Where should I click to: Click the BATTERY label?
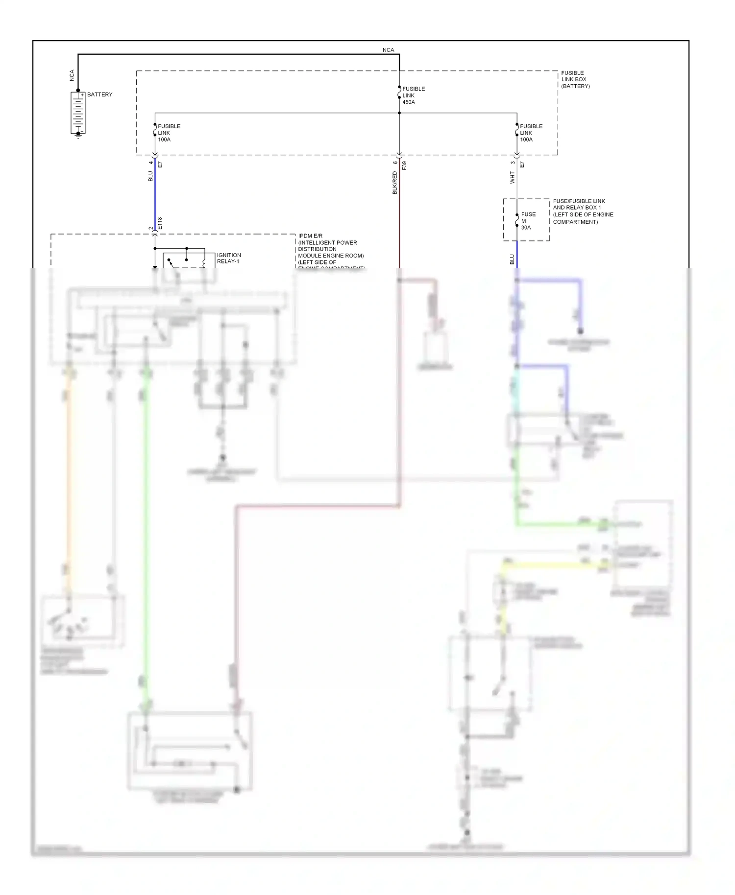click(x=99, y=94)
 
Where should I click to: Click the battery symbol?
click(x=78, y=113)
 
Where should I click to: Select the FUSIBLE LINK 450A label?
click(x=413, y=95)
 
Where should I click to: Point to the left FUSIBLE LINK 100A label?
click(x=169, y=133)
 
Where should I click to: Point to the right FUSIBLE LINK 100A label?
click(x=531, y=133)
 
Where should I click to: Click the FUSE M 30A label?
click(x=528, y=221)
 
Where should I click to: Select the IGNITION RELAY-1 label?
click(x=229, y=258)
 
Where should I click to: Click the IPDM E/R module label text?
click(x=330, y=252)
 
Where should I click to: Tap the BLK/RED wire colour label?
click(x=395, y=183)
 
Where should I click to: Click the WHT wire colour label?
click(x=513, y=177)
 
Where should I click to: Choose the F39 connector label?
click(x=404, y=165)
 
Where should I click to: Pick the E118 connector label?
click(x=160, y=223)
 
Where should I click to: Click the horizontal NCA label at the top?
click(x=388, y=50)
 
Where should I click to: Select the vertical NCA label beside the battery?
click(x=72, y=75)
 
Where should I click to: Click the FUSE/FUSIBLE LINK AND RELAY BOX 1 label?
click(x=583, y=211)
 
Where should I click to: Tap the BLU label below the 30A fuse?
click(x=513, y=259)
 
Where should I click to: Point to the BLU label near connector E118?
click(x=150, y=176)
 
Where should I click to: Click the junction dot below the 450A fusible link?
click(x=399, y=113)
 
